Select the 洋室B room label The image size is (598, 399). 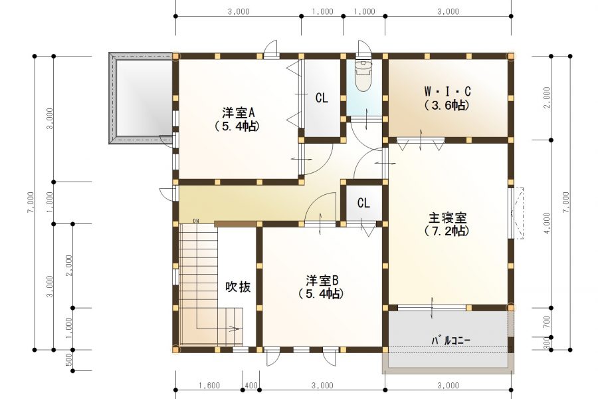point(322,279)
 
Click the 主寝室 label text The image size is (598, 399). point(447,217)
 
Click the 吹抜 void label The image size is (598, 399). point(237,287)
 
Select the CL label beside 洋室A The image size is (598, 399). point(322,98)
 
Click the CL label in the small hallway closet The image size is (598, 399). point(363,203)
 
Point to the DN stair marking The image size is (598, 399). point(196,220)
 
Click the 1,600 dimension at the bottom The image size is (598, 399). point(209,385)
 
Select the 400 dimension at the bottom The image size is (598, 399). point(250,385)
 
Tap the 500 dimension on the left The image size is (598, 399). point(69,360)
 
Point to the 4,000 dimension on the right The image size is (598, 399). point(546,224)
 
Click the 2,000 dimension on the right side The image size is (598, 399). point(546,98)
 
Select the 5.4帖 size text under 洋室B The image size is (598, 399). point(322,293)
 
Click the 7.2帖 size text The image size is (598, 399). point(447,231)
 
